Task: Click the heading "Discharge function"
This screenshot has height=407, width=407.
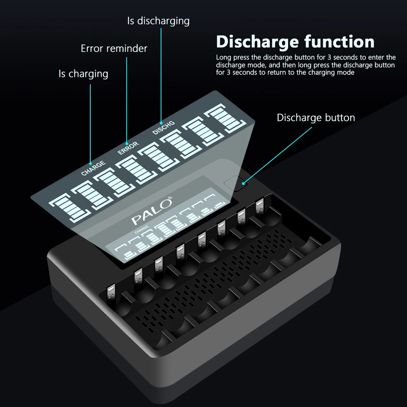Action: (295, 42)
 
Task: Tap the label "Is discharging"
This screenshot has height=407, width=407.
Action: (158, 21)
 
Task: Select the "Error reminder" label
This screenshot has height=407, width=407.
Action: (114, 48)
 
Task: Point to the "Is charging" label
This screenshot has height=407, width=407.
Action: (83, 74)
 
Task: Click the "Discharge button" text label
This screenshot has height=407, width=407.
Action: (316, 118)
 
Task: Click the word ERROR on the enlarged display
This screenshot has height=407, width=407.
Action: (128, 149)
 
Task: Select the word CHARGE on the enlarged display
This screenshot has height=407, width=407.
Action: (93, 168)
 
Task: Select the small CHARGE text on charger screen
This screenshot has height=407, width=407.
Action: (142, 230)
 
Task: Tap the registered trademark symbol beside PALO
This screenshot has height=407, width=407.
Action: (170, 199)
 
